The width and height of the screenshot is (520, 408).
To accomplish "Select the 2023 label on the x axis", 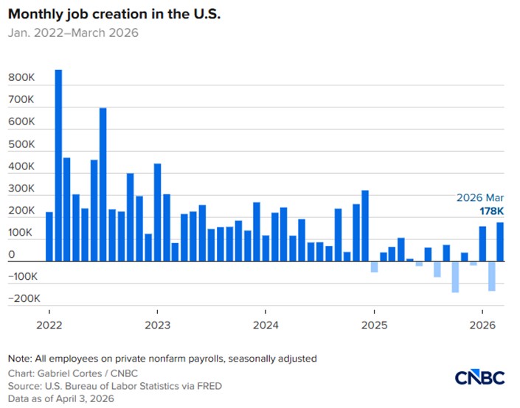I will click(156, 325).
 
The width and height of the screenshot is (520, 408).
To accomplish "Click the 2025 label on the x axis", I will click(374, 325).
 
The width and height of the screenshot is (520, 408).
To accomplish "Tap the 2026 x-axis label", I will click(482, 325).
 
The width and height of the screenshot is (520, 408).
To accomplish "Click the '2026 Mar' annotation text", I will click(480, 198).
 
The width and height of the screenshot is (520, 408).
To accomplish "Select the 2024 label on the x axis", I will click(265, 325).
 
